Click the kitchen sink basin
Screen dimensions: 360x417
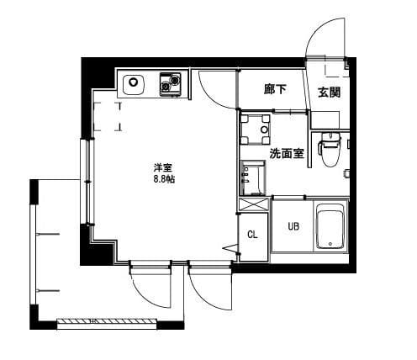[x=134, y=84]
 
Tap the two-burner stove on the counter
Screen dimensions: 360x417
[x=172, y=84]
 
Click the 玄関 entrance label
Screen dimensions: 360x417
[x=329, y=92]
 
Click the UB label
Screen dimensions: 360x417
[x=293, y=226]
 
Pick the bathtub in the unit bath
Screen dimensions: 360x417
[x=331, y=227]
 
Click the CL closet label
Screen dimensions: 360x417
[x=251, y=235]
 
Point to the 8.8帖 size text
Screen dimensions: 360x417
[x=163, y=180]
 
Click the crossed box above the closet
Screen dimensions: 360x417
[x=252, y=204]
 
